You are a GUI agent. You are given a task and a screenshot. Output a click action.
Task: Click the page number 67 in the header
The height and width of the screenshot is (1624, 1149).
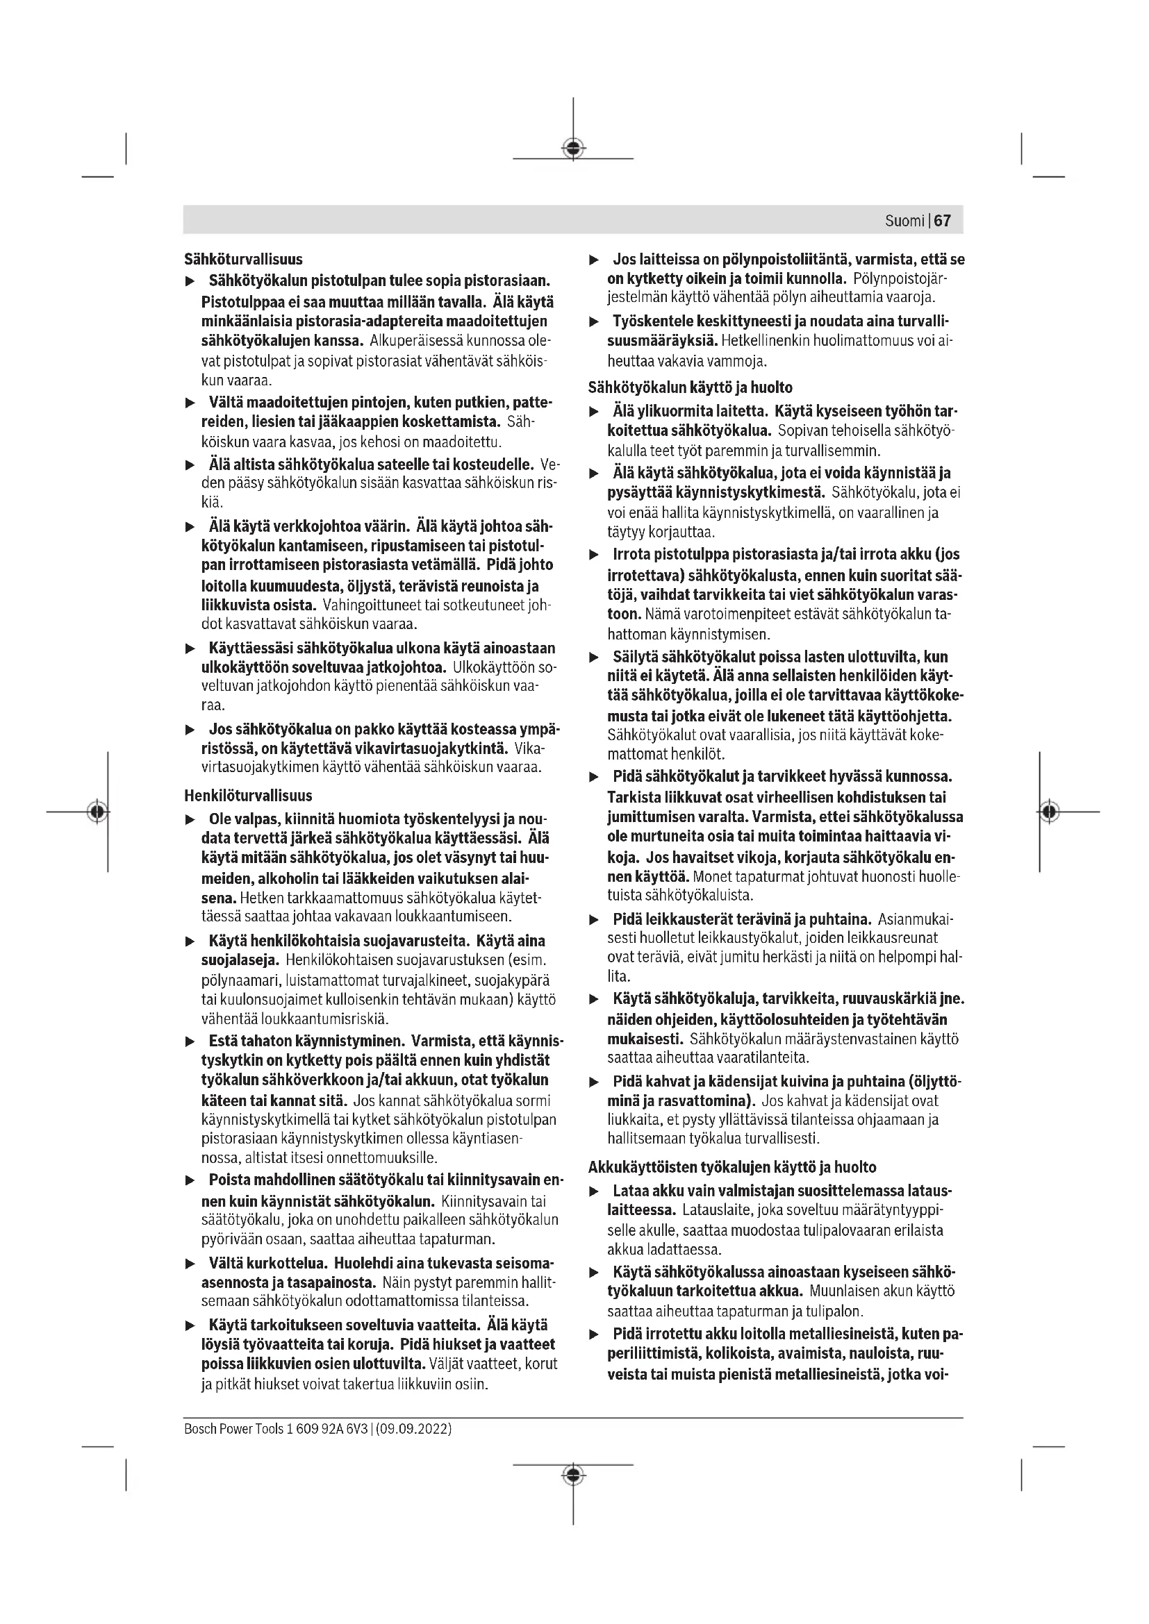point(943,221)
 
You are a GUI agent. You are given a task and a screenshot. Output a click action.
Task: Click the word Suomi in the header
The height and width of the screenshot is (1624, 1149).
point(904,221)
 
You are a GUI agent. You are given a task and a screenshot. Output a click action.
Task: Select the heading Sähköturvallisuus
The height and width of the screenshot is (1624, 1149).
point(243,259)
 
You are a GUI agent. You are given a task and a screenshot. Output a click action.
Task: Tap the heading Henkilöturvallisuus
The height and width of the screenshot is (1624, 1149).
point(248,795)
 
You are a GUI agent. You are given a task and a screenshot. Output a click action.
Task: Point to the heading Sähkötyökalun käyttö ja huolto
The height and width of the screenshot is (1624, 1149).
point(690,387)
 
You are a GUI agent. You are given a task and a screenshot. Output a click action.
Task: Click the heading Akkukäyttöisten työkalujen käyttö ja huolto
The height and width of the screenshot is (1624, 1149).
point(731,1167)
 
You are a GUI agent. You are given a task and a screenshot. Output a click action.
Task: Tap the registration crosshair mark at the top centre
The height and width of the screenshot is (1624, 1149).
point(573,148)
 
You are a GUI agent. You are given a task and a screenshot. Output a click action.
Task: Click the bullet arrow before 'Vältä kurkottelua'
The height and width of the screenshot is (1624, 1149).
point(190,1264)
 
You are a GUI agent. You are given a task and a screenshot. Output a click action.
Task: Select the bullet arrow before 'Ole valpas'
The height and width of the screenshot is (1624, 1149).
point(190,820)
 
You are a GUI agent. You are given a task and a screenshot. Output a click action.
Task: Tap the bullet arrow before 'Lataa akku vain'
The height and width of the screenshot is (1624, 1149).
point(595,1192)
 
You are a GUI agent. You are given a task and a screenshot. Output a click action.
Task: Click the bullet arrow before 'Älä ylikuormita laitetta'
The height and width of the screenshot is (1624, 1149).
point(595,412)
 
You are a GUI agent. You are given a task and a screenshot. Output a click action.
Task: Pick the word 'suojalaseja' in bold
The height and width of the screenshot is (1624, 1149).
point(240,960)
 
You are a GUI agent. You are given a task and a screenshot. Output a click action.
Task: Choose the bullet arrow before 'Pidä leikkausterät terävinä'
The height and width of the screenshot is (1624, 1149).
point(595,919)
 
